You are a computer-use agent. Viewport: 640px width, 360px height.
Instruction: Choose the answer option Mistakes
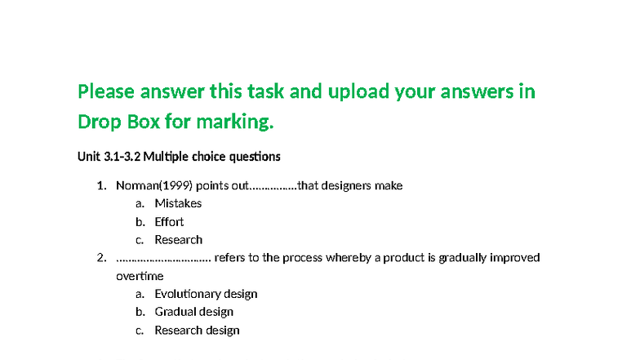coord(178,203)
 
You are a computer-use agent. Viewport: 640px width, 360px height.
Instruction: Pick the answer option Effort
coord(169,221)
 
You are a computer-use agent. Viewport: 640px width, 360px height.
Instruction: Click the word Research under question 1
coord(178,240)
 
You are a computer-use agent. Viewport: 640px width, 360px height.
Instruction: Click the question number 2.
coord(101,258)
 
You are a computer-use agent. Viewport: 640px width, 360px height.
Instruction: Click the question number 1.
coord(101,185)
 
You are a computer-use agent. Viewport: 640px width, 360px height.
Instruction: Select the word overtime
coord(140,276)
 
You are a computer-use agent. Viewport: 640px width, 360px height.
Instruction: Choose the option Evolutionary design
coord(206,294)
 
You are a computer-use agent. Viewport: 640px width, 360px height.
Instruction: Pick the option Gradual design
coord(193,312)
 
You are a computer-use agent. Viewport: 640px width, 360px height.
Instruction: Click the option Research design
coord(197,331)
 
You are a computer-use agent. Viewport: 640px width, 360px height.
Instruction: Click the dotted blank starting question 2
coord(163,258)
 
